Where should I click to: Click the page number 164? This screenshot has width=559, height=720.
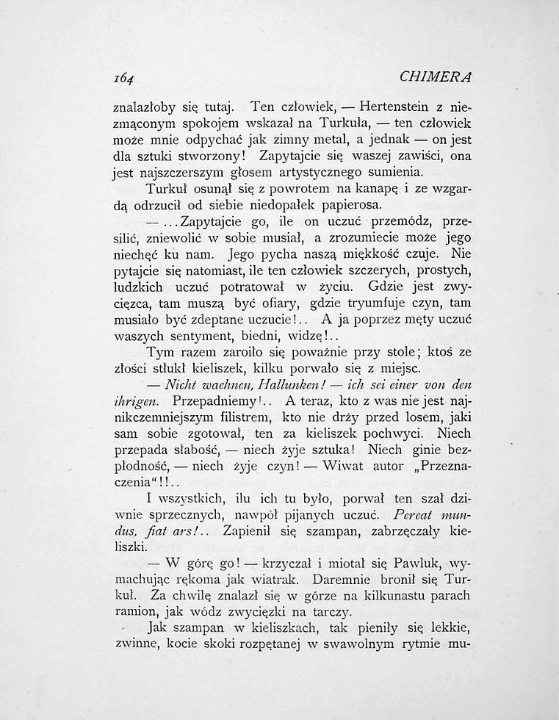click(128, 77)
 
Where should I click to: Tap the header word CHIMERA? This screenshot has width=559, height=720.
click(436, 76)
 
